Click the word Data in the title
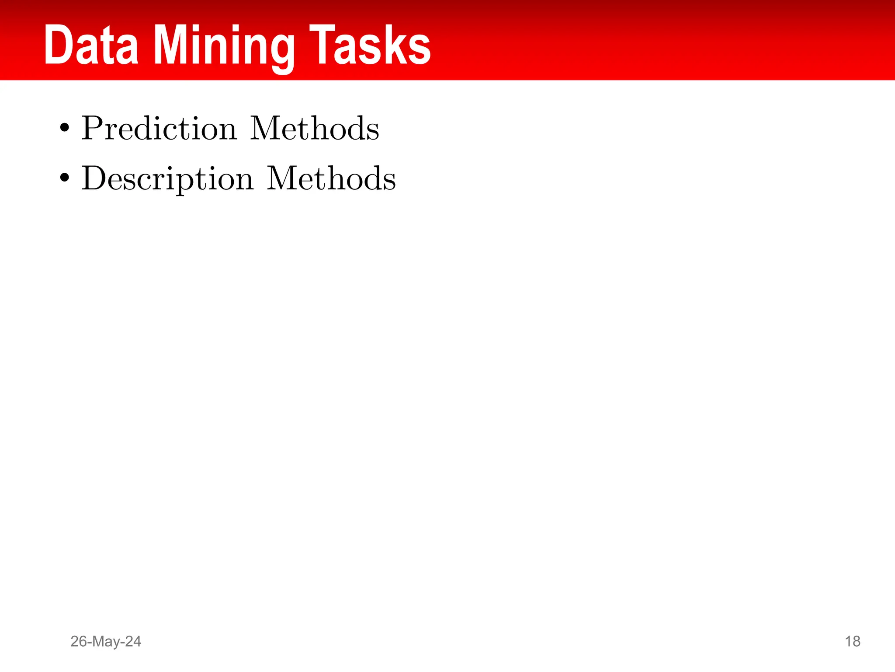pyautogui.click(x=91, y=45)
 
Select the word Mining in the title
pyautogui.click(x=224, y=46)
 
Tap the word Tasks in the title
pyautogui.click(x=370, y=45)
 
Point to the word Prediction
pyautogui.click(x=159, y=129)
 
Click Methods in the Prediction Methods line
pyautogui.click(x=314, y=129)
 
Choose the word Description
pyautogui.click(x=167, y=179)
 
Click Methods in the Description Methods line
pyautogui.click(x=331, y=178)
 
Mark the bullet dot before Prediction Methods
pyautogui.click(x=65, y=128)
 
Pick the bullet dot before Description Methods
pyautogui.click(x=65, y=178)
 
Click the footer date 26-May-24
pyautogui.click(x=106, y=641)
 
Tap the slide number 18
pyautogui.click(x=853, y=641)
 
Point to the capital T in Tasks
pyautogui.click(x=321, y=45)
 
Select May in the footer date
pyautogui.click(x=108, y=642)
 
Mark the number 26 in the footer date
pyautogui.click(x=79, y=641)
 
